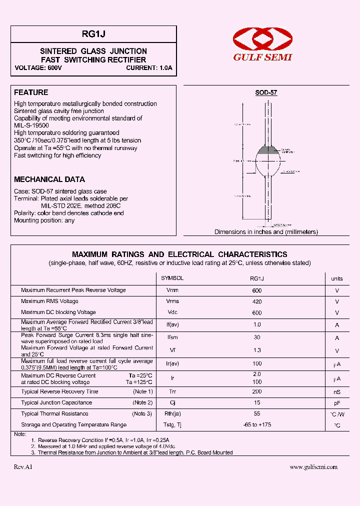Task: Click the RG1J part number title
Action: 93,34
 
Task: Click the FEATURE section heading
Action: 31,92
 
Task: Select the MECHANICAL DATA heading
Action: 49,179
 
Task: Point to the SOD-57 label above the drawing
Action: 266,93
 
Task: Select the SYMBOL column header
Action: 172,278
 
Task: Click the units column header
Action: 337,278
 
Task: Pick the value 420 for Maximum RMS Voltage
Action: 257,301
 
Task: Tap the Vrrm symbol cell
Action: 172,290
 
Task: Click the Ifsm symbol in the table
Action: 172,337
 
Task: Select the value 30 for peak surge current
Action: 257,337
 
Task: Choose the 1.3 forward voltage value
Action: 257,351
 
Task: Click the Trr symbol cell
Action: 172,392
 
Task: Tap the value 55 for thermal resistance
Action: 257,414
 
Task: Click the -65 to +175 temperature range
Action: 257,425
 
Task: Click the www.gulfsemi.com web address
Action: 313,467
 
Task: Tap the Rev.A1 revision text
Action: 23,467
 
